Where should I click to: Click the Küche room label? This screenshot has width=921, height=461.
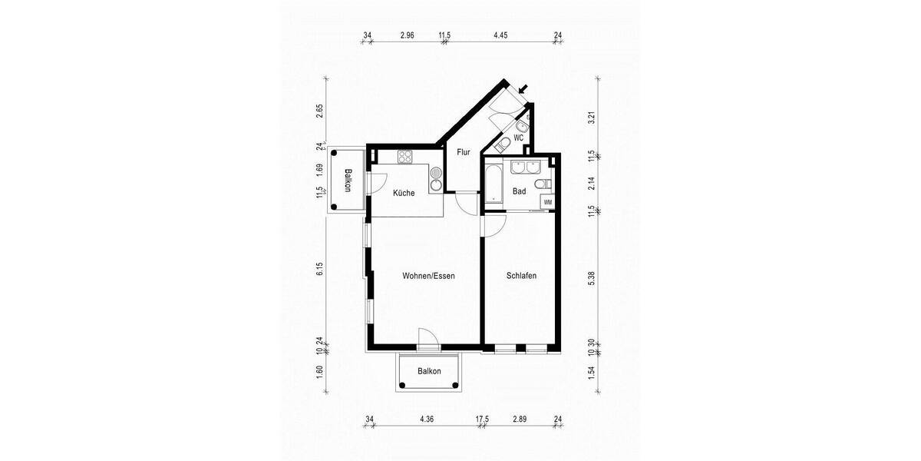[x=404, y=193]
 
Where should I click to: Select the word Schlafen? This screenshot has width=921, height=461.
[x=521, y=276]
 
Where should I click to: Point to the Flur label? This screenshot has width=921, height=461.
[x=464, y=152]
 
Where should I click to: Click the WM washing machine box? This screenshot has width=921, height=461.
[x=548, y=202]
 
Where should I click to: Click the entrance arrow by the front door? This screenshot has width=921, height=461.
[x=523, y=90]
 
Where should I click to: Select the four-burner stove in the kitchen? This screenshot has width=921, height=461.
[x=405, y=158]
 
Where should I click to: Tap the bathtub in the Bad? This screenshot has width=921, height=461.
[x=491, y=184]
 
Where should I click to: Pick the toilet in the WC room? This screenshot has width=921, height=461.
[x=500, y=144]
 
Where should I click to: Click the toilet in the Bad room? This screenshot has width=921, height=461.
[x=543, y=183]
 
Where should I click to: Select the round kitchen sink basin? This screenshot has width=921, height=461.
[x=437, y=184]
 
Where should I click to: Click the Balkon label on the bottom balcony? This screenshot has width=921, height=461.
[x=430, y=371]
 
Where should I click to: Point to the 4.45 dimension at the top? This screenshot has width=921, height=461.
[x=501, y=35]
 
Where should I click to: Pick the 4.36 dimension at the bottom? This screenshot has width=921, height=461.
[x=427, y=419]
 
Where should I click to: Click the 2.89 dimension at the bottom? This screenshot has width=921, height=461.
[x=520, y=419]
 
